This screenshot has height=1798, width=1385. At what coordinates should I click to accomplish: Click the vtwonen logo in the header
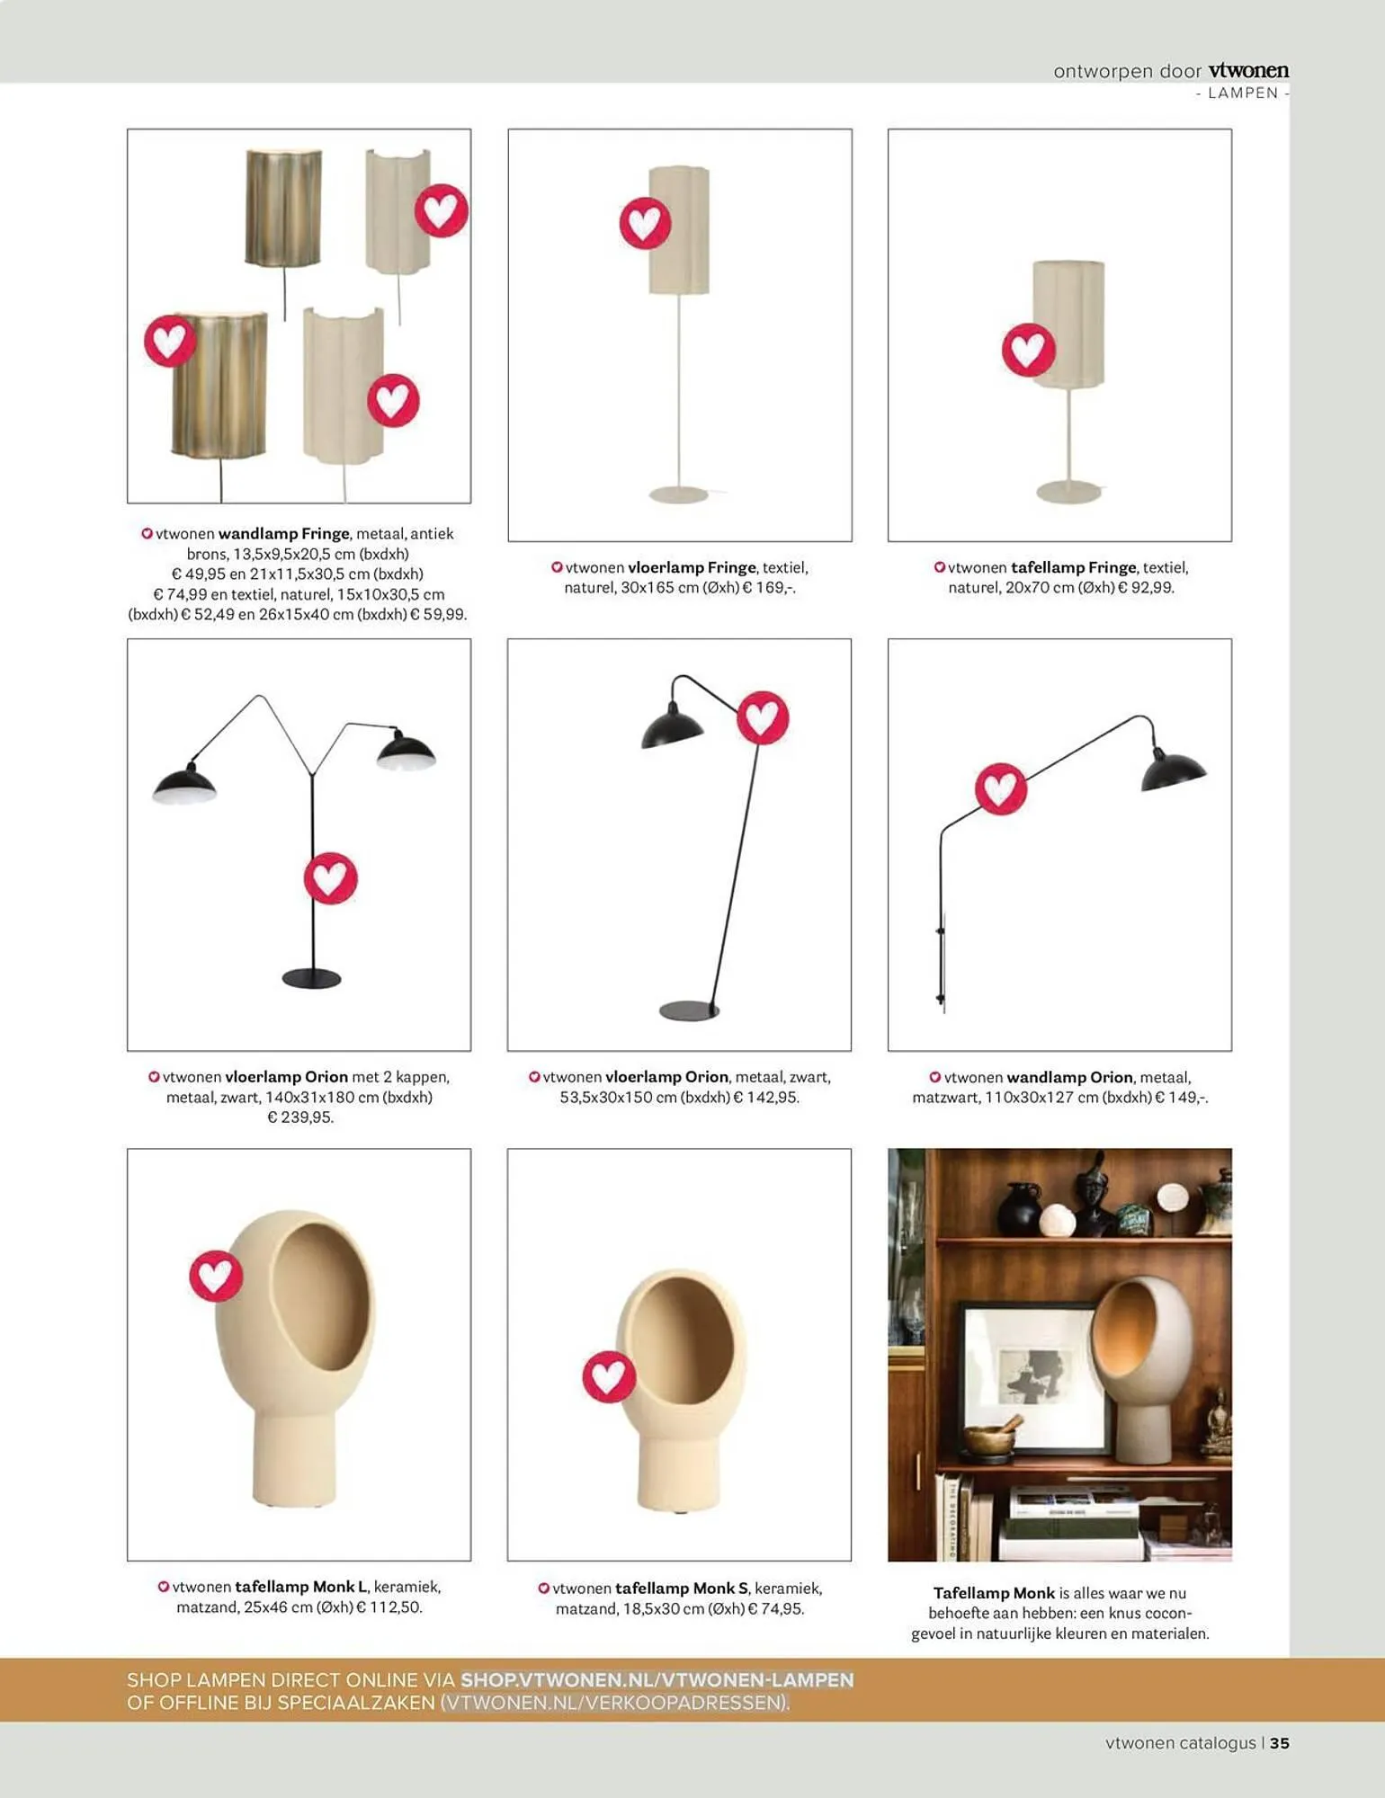(1248, 70)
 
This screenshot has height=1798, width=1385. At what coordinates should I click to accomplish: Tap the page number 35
(1280, 1742)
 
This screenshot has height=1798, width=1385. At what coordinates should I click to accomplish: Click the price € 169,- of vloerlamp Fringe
(770, 588)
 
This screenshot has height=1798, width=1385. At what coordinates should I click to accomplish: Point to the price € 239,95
(300, 1117)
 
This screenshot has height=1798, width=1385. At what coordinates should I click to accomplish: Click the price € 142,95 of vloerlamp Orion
(766, 1098)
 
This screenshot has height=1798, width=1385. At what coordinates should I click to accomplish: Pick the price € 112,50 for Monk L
(389, 1607)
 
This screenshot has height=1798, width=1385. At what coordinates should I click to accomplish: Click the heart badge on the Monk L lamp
(216, 1276)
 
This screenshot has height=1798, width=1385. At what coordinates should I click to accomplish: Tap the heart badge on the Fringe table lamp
(1029, 350)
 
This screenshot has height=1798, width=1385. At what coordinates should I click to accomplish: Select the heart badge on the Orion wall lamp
(1001, 788)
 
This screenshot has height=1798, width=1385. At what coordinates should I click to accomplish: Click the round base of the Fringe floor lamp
(679, 494)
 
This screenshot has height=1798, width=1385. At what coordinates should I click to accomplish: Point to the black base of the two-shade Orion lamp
(312, 978)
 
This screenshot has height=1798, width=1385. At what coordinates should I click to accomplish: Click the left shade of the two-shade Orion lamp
(185, 785)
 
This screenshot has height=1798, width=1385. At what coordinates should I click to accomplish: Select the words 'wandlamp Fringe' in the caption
(283, 534)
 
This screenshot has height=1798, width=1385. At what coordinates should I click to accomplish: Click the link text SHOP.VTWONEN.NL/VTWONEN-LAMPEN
(657, 1680)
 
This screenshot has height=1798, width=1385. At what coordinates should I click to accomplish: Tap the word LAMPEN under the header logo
(1243, 93)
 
